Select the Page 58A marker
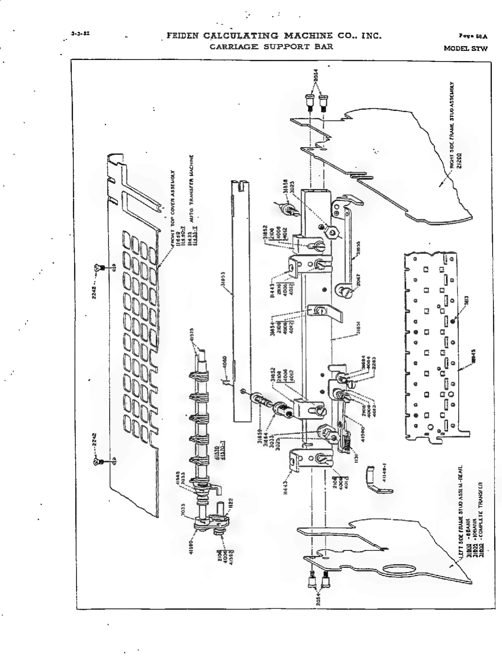(473, 37)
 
